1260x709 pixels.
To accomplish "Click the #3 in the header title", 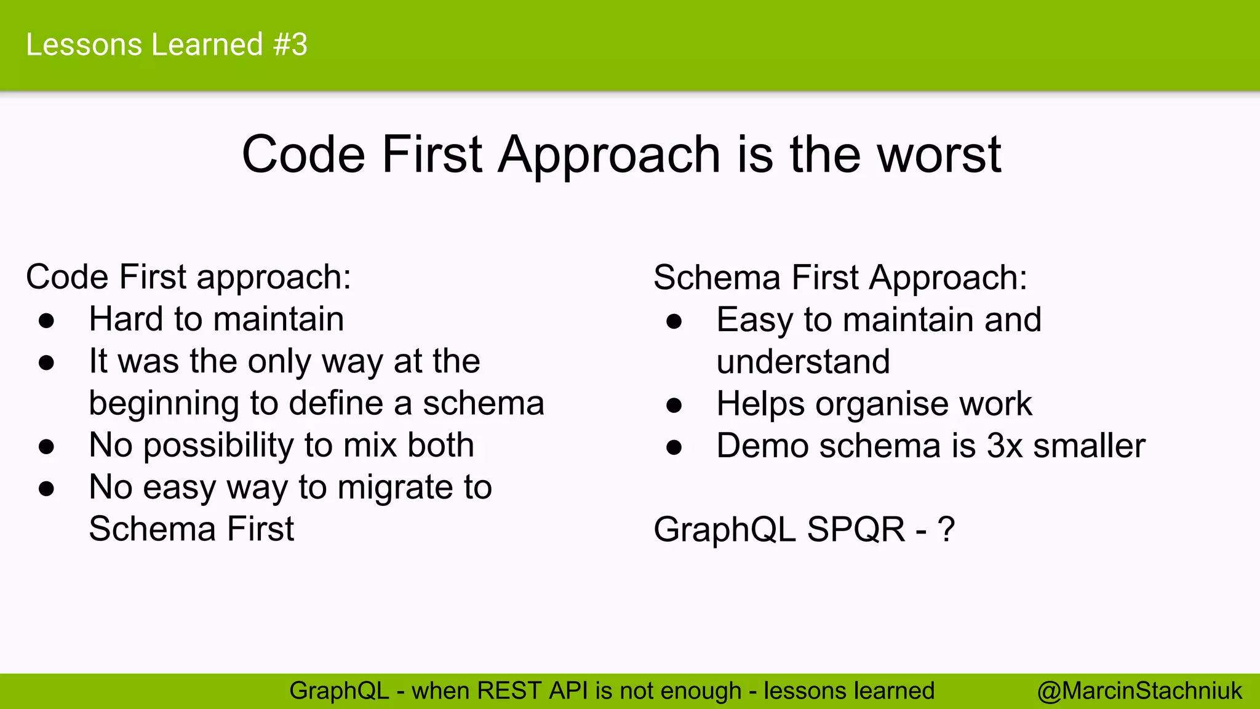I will pyautogui.click(x=290, y=45).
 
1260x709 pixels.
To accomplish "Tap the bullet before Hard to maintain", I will pyautogui.click(x=47, y=321).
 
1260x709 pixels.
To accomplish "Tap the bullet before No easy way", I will pyautogui.click(x=47, y=489).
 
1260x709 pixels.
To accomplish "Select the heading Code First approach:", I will pyautogui.click(x=188, y=277).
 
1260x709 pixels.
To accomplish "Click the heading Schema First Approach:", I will pyautogui.click(x=840, y=278).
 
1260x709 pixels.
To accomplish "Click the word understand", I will pyautogui.click(x=803, y=362).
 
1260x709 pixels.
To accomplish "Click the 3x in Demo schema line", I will pyautogui.click(x=1005, y=446).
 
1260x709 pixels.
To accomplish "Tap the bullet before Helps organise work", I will pyautogui.click(x=674, y=405).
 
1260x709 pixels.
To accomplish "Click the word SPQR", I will pyautogui.click(x=856, y=529).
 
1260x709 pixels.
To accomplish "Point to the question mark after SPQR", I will pyautogui.click(x=946, y=529).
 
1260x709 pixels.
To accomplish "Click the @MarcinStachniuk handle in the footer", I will pyautogui.click(x=1139, y=691).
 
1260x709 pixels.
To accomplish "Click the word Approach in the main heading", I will pyautogui.click(x=609, y=154).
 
